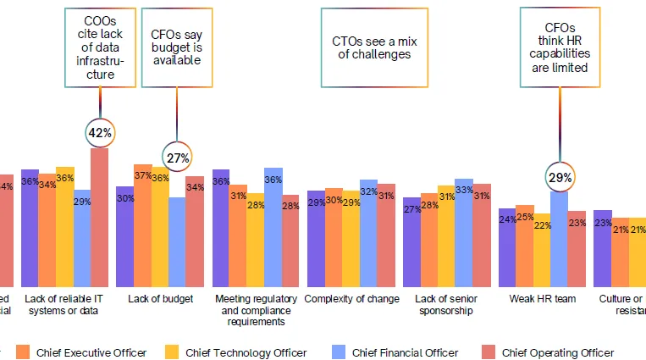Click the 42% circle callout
100,132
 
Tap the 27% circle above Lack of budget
177,157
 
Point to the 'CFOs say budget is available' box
176,47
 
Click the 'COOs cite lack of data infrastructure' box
100,47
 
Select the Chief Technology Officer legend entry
236,352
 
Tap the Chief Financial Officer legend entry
395,352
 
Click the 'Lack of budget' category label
160,299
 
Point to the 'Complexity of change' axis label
351,299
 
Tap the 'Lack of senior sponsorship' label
446,305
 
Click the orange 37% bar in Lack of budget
142,224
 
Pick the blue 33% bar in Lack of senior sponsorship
463,232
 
